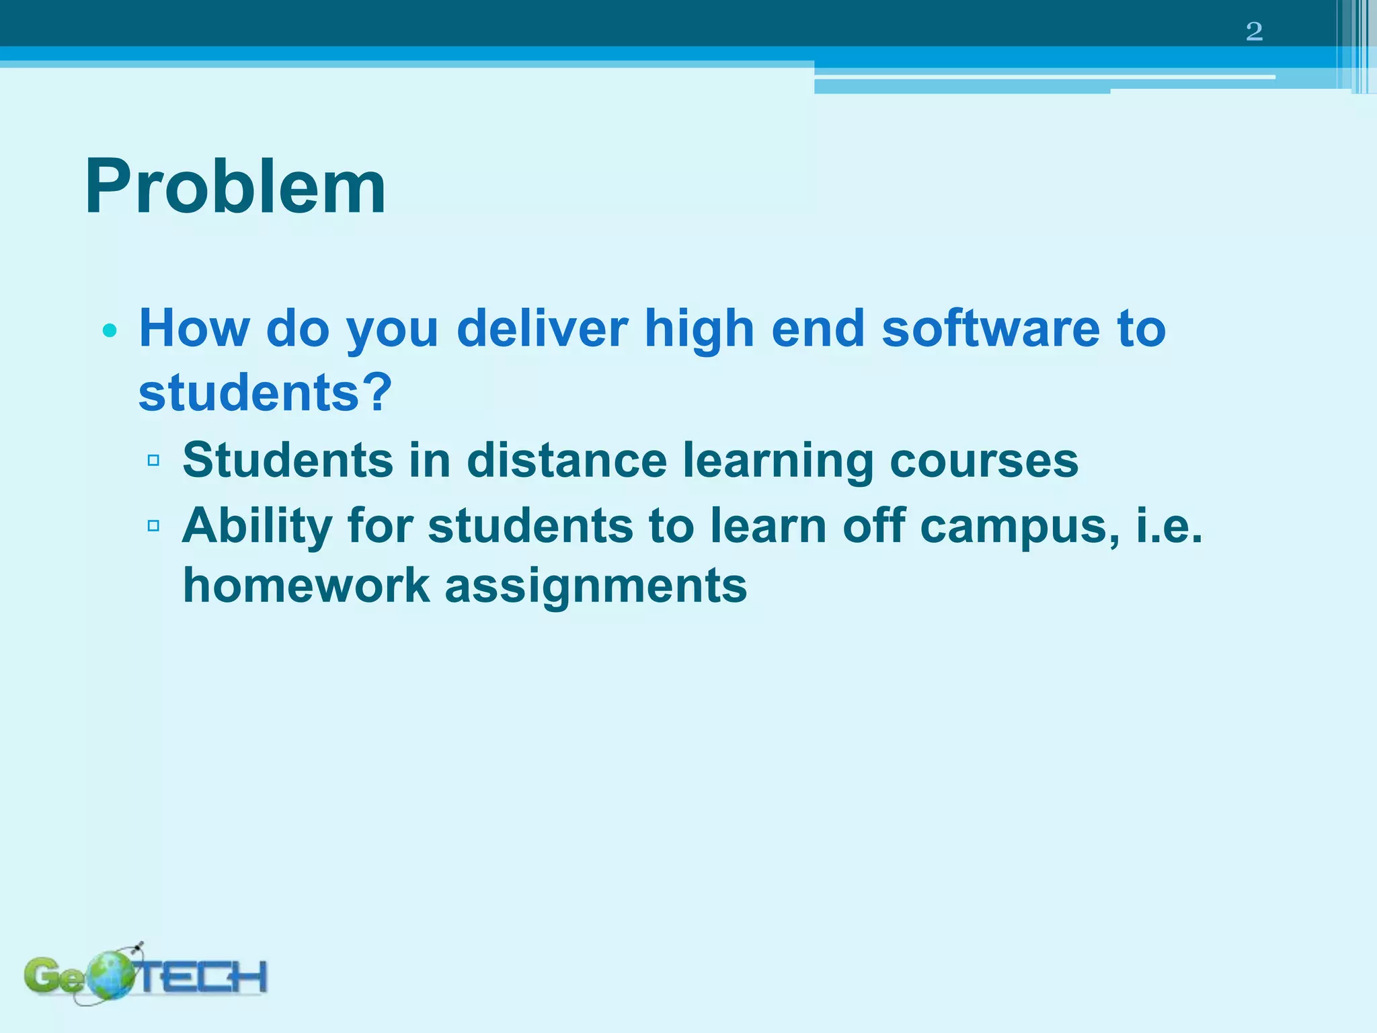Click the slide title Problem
pyautogui.click(x=235, y=187)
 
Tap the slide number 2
pyautogui.click(x=1254, y=32)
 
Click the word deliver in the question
pyautogui.click(x=541, y=329)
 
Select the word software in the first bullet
pyautogui.click(x=990, y=329)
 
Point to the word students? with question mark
pyautogui.click(x=265, y=393)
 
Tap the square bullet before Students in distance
pyautogui.click(x=153, y=461)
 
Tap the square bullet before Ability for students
pyautogui.click(x=153, y=525)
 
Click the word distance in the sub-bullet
pyautogui.click(x=567, y=461)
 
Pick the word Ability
pyautogui.click(x=258, y=527)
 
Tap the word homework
pyautogui.click(x=306, y=585)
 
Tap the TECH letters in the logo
pyautogui.click(x=202, y=977)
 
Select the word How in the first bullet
pyautogui.click(x=194, y=329)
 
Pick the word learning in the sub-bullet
pyautogui.click(x=778, y=462)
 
